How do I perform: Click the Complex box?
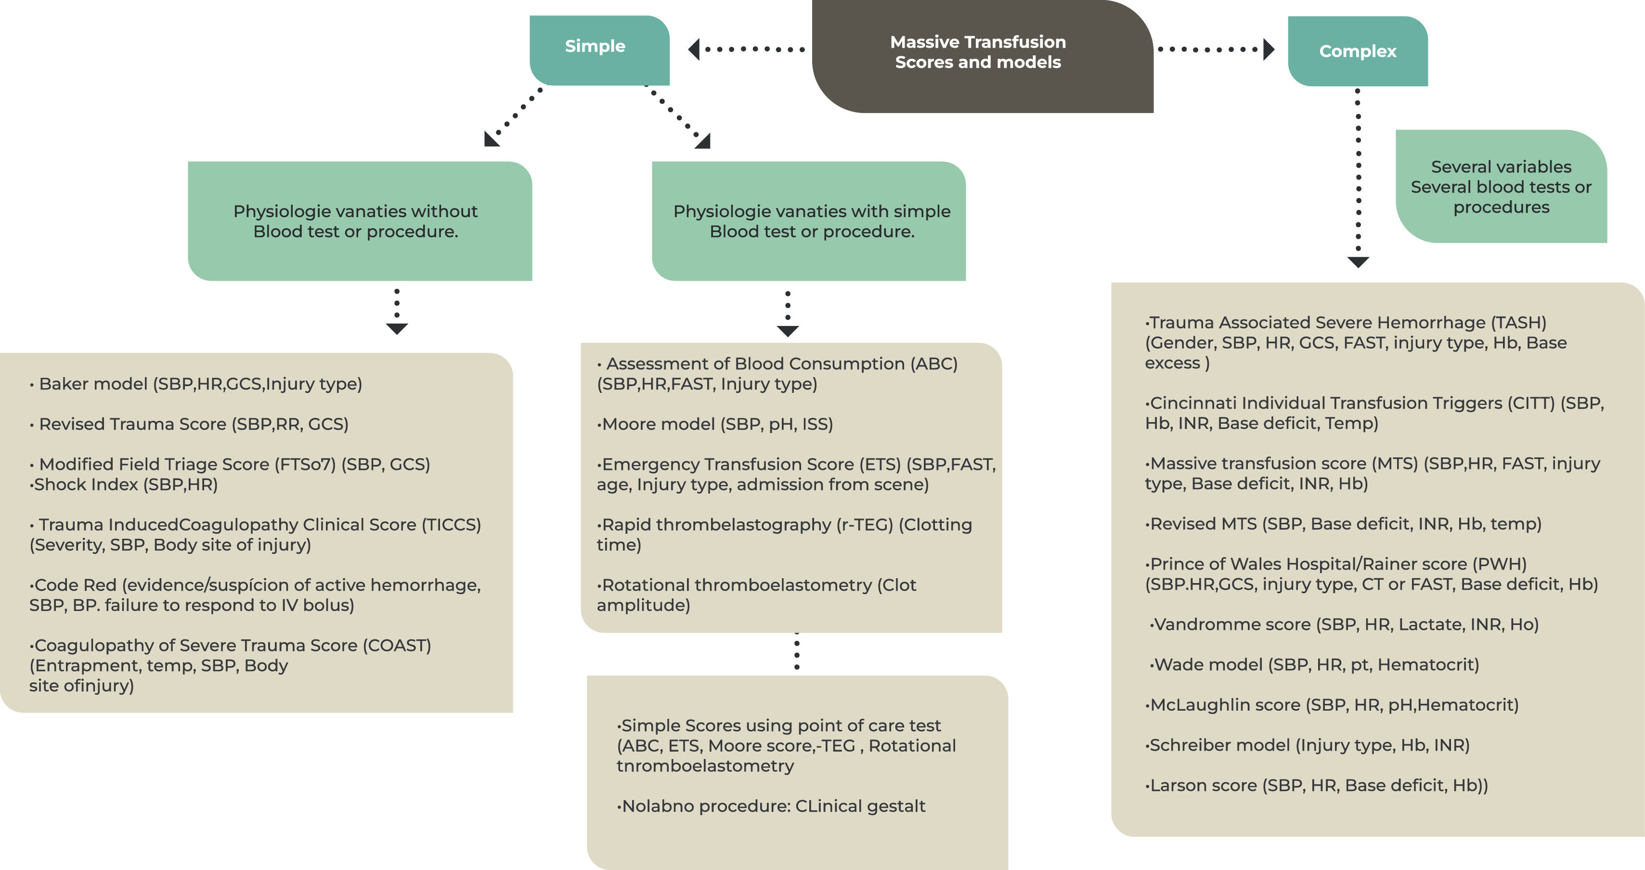tap(1358, 51)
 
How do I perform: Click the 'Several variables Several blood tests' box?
tap(1501, 186)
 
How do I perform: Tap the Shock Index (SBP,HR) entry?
tap(125, 484)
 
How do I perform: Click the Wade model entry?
tap(1316, 664)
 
